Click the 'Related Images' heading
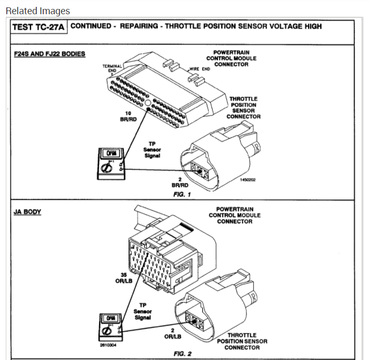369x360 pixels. point(37,11)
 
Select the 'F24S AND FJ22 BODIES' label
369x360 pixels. point(49,54)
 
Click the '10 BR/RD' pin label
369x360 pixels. point(128,116)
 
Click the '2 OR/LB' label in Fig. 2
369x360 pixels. point(173,333)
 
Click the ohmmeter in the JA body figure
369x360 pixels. point(112,326)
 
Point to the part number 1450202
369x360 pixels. point(247,179)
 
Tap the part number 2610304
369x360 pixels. point(108,345)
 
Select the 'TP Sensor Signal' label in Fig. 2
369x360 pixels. point(143,311)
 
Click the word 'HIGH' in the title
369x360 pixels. point(310,26)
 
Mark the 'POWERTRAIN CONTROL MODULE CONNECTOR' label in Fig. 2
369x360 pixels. point(234,215)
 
